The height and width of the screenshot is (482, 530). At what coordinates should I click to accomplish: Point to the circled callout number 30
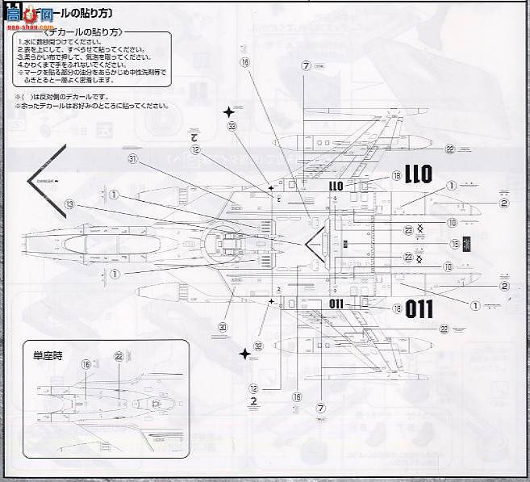223,326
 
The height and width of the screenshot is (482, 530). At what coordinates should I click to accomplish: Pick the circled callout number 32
258,346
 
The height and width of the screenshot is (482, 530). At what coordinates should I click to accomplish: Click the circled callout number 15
455,243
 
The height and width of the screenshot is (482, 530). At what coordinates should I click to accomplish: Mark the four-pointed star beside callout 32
244,354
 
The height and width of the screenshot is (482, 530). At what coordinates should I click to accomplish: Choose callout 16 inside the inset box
87,364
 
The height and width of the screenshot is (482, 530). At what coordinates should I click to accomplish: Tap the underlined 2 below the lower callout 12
254,400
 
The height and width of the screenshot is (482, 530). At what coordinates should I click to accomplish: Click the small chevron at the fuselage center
315,240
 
